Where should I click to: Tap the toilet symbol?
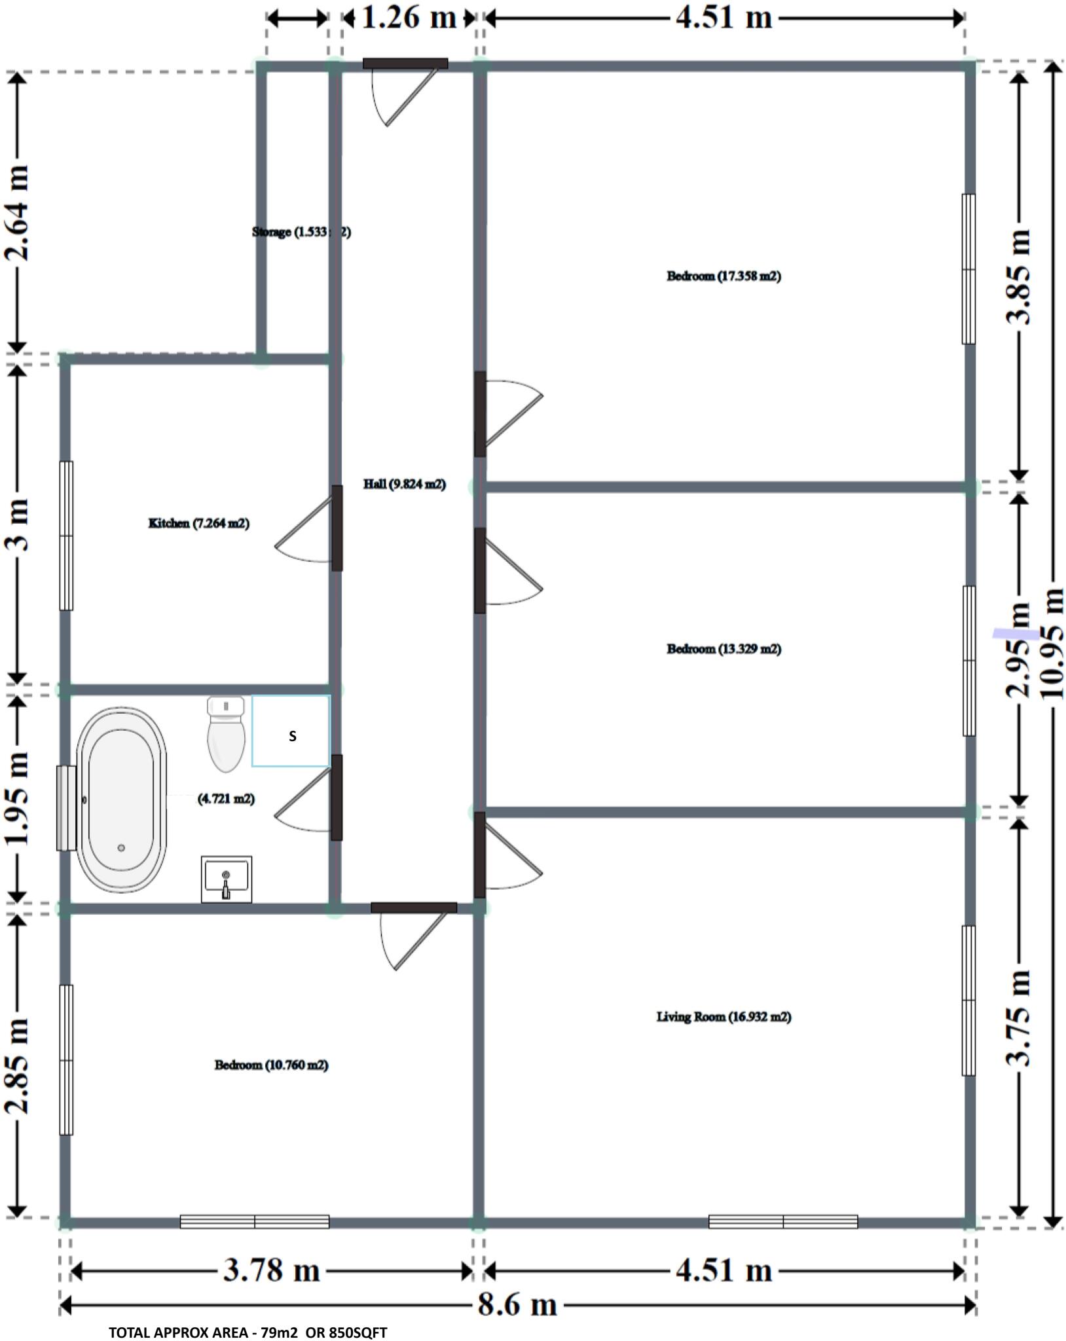click(226, 733)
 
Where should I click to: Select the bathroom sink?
click(226, 879)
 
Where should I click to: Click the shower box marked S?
click(291, 731)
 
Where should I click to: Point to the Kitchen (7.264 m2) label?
click(199, 523)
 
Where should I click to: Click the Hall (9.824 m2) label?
click(404, 485)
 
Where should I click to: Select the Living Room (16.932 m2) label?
click(724, 1016)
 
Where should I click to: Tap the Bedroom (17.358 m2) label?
click(724, 276)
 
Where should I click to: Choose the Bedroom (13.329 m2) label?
click(724, 649)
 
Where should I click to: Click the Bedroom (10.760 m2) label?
click(271, 1065)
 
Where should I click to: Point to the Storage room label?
click(301, 232)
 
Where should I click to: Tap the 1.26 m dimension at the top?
click(409, 18)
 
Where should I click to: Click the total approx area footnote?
click(248, 1332)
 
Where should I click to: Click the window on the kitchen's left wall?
click(66, 536)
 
